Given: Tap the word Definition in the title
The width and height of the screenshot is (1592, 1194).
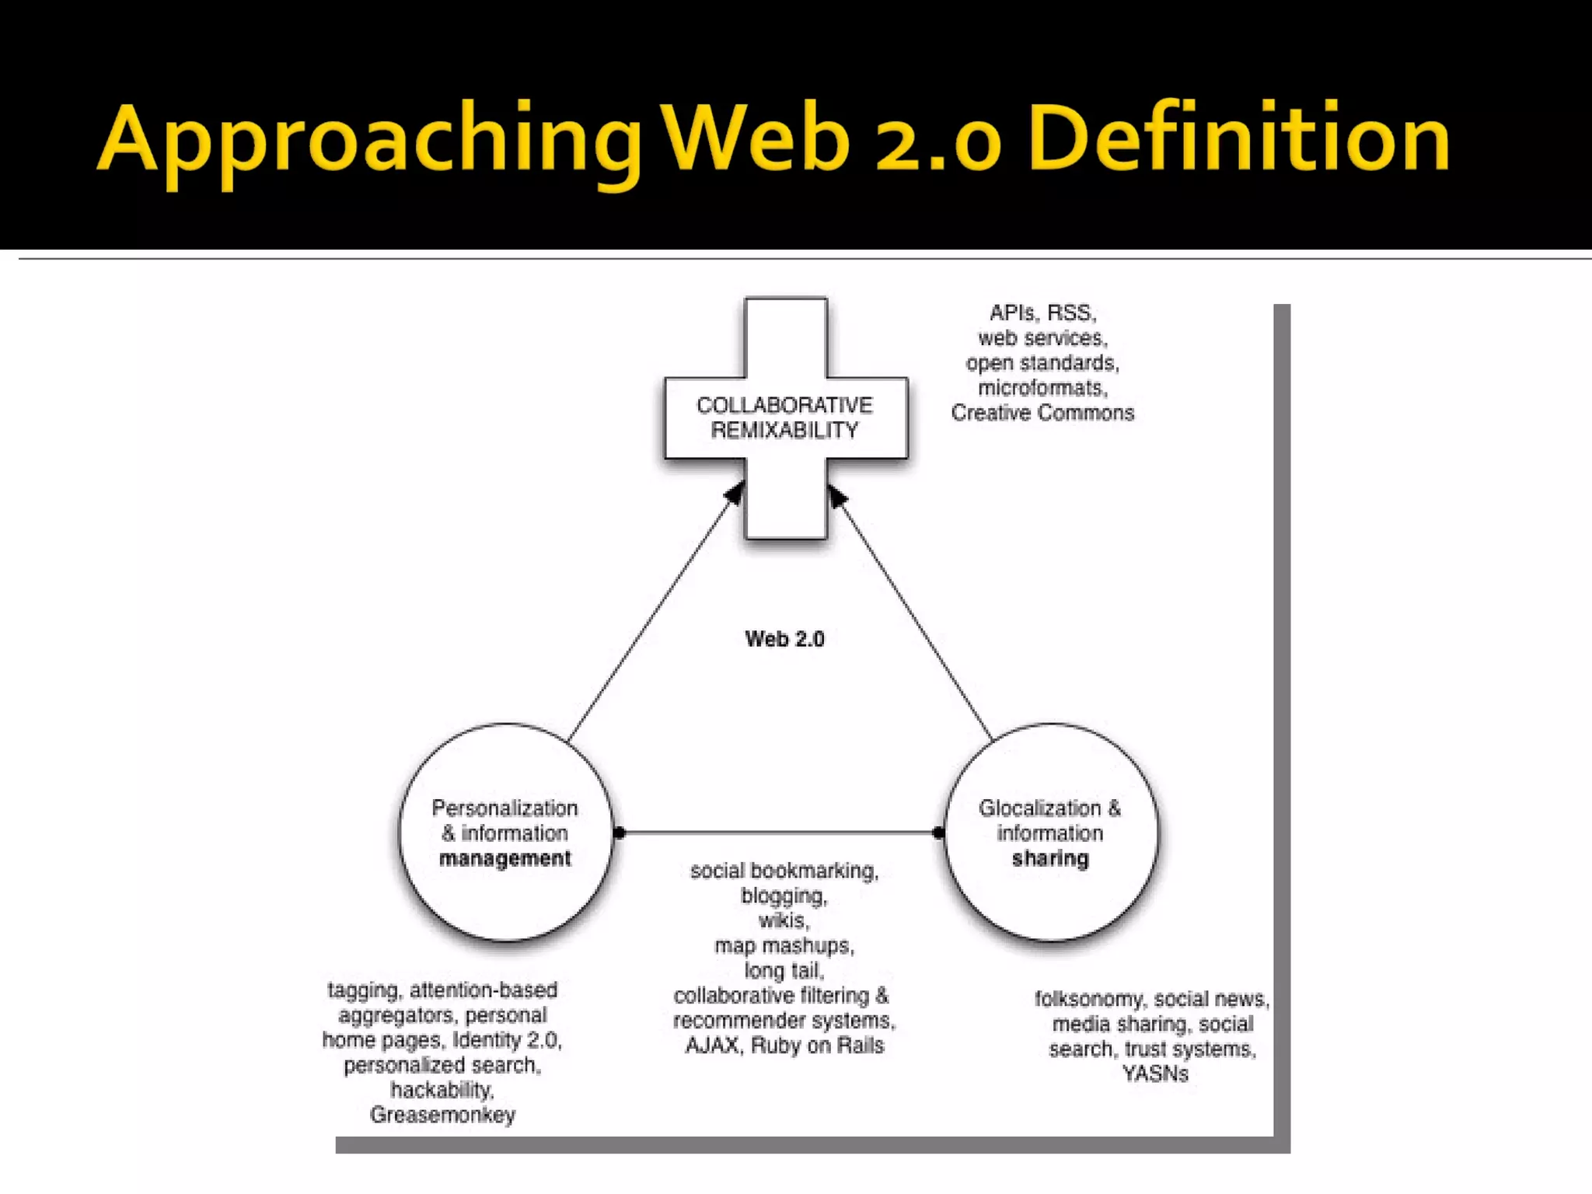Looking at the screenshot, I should (x=1239, y=140).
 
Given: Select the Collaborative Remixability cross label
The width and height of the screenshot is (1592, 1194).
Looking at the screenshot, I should (x=785, y=417).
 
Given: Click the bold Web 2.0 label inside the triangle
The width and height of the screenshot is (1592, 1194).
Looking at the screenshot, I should (x=784, y=639).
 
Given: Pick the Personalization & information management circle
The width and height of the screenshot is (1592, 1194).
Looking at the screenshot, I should (x=505, y=832).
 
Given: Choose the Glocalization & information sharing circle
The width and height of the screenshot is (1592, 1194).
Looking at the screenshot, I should (x=1050, y=832).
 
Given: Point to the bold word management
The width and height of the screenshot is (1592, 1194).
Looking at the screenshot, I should (x=505, y=858).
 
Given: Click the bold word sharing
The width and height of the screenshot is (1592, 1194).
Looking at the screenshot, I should (x=1050, y=858).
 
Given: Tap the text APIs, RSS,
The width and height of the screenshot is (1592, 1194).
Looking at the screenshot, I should (x=1042, y=312).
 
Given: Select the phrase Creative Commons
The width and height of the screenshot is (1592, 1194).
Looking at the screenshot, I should (x=1042, y=413).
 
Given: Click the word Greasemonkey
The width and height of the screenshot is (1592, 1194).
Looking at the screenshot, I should (x=442, y=1115).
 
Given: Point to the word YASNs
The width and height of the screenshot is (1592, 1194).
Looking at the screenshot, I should (x=1155, y=1074).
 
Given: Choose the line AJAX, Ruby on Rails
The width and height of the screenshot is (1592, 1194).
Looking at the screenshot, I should (x=784, y=1046).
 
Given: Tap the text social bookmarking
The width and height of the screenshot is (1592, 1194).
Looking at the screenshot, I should (x=783, y=871).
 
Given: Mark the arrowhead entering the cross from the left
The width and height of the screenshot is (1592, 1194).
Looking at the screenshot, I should (x=735, y=493).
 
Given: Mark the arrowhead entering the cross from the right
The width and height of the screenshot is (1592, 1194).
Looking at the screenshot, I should (x=836, y=495).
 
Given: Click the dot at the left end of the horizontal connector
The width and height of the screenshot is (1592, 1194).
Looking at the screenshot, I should (x=620, y=833).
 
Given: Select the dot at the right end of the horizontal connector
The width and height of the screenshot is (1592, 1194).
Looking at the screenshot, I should (x=938, y=833).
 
